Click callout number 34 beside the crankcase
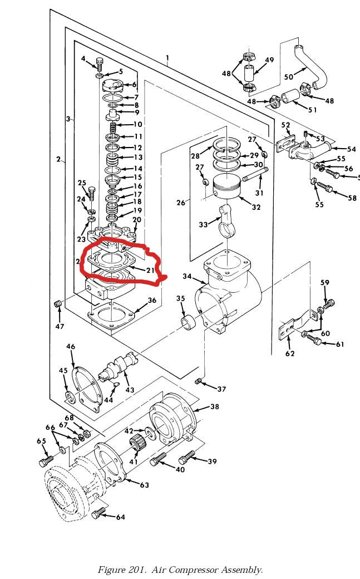pos(187,277)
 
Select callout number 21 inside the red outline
pos(149,270)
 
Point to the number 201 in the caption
pos(136,569)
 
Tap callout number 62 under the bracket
pos(290,353)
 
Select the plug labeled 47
pos(57,304)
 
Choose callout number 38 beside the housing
pos(214,407)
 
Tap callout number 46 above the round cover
pos(71,347)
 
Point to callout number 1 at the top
pos(167,57)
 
